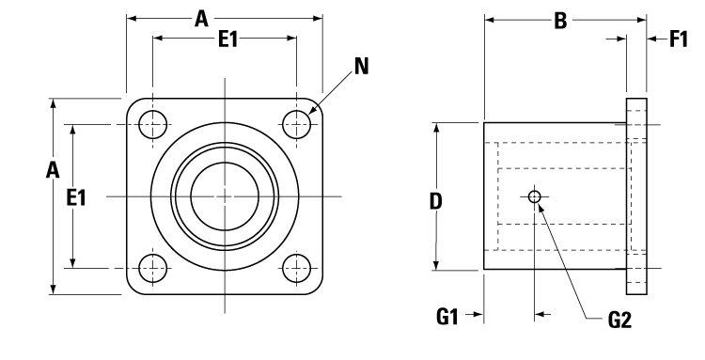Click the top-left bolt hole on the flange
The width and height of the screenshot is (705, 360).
tap(152, 123)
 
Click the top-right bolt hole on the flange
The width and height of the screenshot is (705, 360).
tap(297, 123)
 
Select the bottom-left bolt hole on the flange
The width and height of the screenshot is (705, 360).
tap(152, 268)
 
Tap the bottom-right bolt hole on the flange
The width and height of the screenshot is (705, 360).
tap(297, 268)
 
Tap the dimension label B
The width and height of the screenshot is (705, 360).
tap(560, 19)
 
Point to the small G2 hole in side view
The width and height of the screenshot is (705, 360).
tap(535, 197)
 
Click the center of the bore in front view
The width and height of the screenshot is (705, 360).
tap(225, 196)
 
